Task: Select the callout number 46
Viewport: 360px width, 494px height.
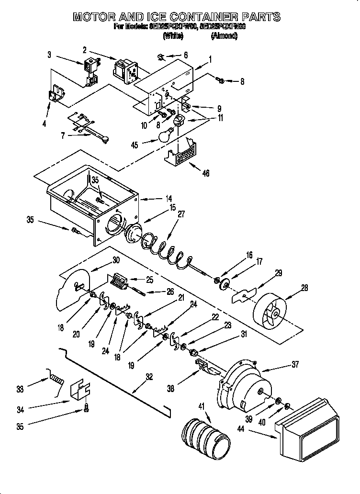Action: coord(206,173)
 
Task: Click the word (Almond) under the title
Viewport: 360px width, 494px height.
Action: coord(224,36)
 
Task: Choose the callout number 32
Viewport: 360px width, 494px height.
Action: coord(149,377)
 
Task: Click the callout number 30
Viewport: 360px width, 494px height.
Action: coord(115,260)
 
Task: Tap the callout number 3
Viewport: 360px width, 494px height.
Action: coord(49,55)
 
